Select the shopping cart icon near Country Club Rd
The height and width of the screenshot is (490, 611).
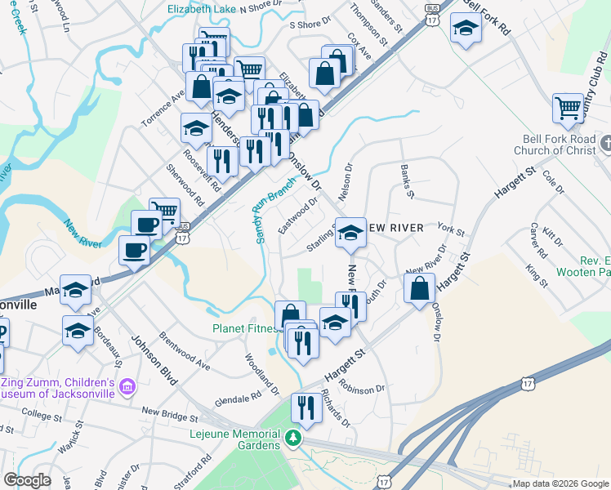point(568,108)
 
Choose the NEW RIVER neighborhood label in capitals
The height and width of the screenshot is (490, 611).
point(394,227)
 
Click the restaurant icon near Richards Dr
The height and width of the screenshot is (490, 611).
point(307,407)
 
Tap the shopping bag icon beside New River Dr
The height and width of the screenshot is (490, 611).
point(419,288)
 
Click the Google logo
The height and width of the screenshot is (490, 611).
point(27,480)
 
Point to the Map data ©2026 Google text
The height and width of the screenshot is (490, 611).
point(560,483)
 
